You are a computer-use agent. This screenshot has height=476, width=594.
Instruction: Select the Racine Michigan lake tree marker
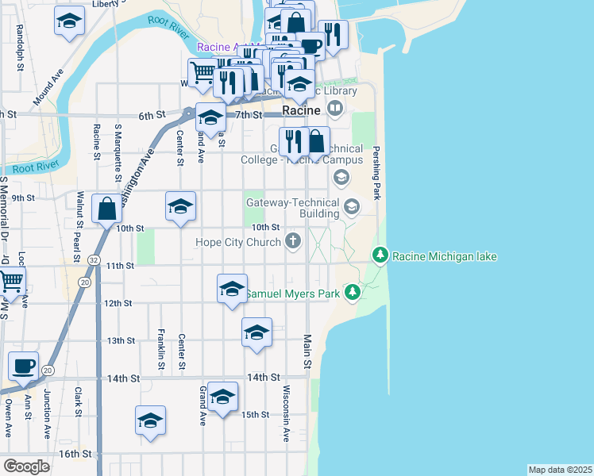click(x=380, y=255)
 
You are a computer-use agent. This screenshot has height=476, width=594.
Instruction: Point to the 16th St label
click(x=75, y=454)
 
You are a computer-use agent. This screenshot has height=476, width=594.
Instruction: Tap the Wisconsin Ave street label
click(x=286, y=413)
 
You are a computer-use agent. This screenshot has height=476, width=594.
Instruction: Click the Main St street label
click(x=306, y=351)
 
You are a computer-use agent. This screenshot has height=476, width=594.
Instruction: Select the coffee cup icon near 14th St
click(x=23, y=367)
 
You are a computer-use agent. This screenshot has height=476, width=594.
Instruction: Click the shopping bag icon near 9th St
click(x=107, y=209)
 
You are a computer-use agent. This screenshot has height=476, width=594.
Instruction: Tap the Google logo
click(x=26, y=466)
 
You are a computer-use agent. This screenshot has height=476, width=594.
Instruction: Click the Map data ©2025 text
click(x=560, y=470)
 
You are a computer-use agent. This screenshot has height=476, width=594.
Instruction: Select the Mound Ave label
click(x=48, y=90)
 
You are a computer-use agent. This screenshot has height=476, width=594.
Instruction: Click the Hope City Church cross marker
click(x=294, y=241)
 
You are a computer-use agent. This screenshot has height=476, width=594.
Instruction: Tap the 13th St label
click(x=121, y=340)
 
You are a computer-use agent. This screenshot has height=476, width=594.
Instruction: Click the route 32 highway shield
click(x=94, y=259)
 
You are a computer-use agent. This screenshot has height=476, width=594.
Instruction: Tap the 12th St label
click(x=117, y=303)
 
